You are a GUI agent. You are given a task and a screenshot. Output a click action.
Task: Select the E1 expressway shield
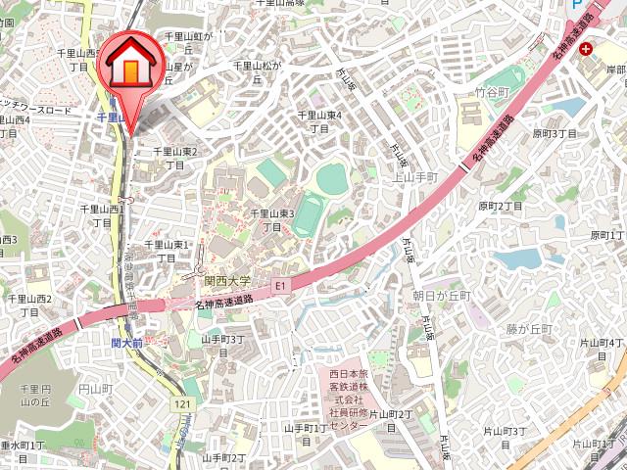pyautogui.click(x=280, y=285)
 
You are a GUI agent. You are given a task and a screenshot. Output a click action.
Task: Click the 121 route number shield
pyautogui.click(x=182, y=403)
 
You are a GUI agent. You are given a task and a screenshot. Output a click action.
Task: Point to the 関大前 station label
pyautogui.click(x=127, y=343)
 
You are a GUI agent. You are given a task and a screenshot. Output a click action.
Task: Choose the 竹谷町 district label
pyautogui.click(x=494, y=91)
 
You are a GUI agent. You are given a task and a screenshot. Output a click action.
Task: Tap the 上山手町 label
pyautogui.click(x=414, y=177)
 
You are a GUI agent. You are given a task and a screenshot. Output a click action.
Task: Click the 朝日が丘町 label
pyautogui.click(x=441, y=295)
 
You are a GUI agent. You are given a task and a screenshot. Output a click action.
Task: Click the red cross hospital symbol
pyautogui.click(x=586, y=48)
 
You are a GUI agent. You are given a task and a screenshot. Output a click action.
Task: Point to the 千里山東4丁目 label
pyautogui.click(x=318, y=121)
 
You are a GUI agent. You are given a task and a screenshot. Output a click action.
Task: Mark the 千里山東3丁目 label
pyautogui.click(x=271, y=219)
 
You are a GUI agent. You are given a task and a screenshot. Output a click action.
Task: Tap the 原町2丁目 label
pyautogui.click(x=502, y=206)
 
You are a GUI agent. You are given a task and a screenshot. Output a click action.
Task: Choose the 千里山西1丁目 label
pyautogui.click(x=103, y=215)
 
